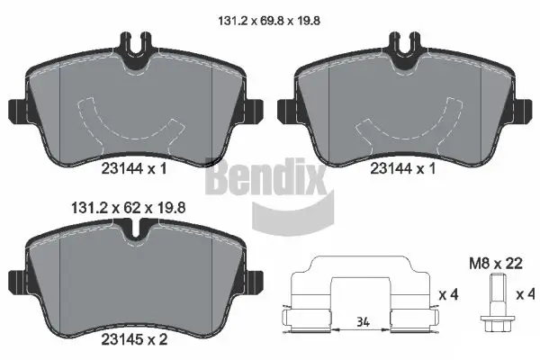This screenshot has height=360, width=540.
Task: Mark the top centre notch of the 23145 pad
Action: [134, 236]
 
